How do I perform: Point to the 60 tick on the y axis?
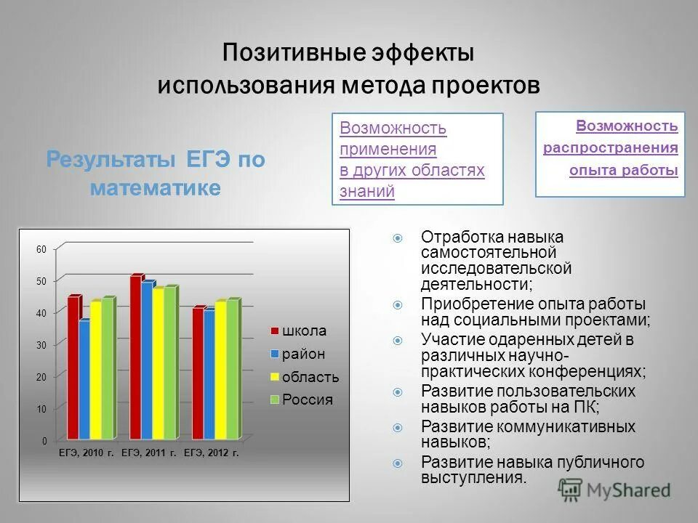[41, 249]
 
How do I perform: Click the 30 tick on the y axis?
[41, 345]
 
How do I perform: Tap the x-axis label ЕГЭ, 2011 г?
[148, 453]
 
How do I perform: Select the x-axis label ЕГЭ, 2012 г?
[211, 453]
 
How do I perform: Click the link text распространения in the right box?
[611, 148]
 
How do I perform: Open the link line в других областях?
[412, 171]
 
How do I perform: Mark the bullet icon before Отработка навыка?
[398, 238]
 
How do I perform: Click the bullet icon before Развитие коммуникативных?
[398, 427]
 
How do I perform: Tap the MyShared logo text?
[628, 490]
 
